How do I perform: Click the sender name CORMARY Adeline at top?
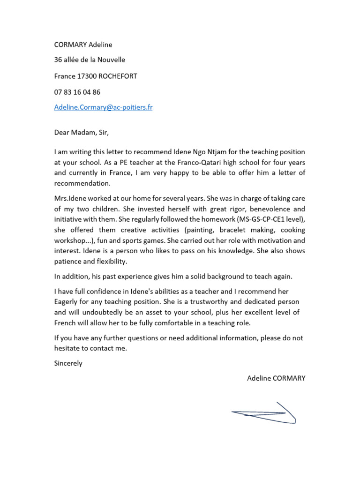coord(83,45)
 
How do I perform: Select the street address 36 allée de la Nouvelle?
coord(90,60)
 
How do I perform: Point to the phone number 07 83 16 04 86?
coord(77,92)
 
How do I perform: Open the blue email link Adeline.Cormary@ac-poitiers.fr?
coord(103,107)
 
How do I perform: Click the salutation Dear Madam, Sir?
coord(81,132)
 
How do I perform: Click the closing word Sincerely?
coord(68,363)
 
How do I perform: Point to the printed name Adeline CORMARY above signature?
coord(276,378)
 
